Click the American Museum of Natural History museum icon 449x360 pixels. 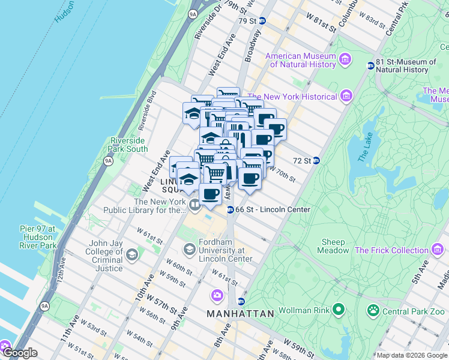point(345,59)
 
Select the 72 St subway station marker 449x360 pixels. point(316,161)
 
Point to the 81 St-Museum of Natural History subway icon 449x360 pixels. point(370,66)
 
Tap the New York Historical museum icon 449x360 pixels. point(346,96)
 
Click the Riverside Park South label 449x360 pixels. point(128,145)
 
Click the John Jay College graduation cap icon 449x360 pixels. point(131,256)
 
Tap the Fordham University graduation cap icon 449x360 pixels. point(189,249)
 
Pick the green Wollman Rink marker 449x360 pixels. point(339,311)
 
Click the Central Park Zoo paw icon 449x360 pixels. point(373,311)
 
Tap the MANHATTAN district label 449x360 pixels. point(240,314)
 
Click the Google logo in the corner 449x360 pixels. point(19,353)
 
